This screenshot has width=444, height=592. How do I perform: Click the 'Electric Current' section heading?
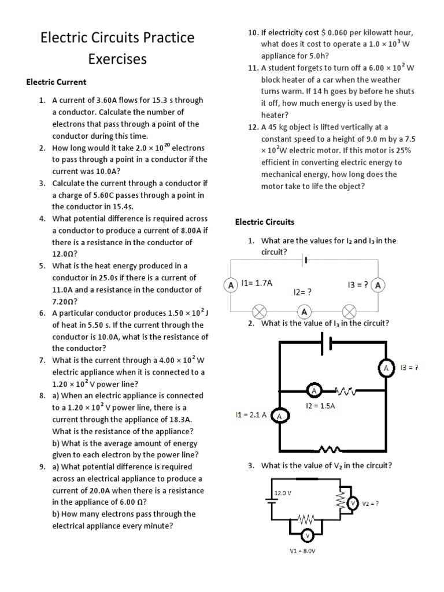point(56,82)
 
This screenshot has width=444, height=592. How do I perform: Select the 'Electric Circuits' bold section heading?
point(264,221)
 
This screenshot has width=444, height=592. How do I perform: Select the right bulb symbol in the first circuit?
point(349,312)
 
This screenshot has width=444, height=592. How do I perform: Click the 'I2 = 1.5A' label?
point(320,406)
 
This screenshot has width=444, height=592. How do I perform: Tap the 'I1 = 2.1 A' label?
point(251,415)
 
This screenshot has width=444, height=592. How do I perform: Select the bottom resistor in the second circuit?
point(328,449)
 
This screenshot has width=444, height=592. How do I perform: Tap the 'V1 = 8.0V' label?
point(302,551)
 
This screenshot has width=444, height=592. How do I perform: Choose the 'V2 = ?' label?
point(371,504)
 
